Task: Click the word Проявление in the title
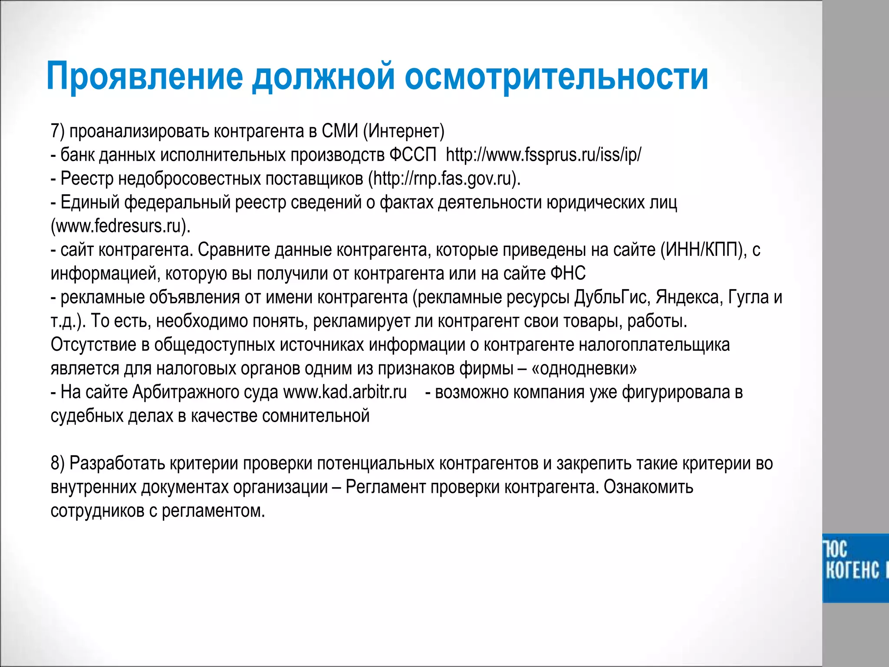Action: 145,76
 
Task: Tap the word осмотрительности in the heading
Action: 556,76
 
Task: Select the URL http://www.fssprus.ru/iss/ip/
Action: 543,155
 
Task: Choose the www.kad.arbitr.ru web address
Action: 345,392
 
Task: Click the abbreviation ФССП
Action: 412,155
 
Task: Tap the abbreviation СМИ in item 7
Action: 340,131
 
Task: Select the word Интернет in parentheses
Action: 404,131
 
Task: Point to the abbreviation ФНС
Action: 568,274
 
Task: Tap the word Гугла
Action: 748,297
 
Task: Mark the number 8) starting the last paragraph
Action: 57,463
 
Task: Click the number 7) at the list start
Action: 57,131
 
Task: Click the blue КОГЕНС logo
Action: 855,568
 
